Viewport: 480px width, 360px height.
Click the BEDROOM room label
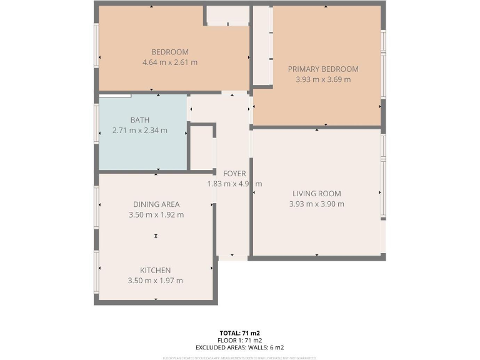coord(169,52)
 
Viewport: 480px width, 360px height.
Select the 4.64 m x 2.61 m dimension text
coord(169,62)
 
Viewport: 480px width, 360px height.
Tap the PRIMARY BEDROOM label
coord(322,69)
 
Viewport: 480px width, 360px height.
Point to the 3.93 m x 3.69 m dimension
coord(322,79)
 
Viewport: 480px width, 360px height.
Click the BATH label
coord(140,120)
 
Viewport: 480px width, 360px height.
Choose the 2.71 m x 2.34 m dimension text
coord(140,131)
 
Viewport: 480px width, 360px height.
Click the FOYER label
coord(234,173)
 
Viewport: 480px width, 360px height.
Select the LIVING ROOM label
coord(316,194)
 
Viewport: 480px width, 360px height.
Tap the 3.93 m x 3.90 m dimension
coord(316,204)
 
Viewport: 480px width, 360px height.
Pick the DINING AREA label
coord(156,204)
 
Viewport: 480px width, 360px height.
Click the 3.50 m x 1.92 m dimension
coord(156,214)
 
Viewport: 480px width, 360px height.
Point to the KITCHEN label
coord(155,270)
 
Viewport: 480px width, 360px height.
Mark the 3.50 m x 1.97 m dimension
coord(155,281)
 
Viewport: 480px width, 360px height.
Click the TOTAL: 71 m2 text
coord(240,332)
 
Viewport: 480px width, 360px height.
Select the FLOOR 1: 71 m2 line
coord(240,340)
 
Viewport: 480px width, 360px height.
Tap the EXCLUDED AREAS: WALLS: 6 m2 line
coord(240,347)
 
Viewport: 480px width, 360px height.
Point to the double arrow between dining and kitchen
coord(156,236)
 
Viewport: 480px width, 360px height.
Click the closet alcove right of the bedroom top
coord(227,15)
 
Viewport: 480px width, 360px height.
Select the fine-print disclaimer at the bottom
coord(240,358)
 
